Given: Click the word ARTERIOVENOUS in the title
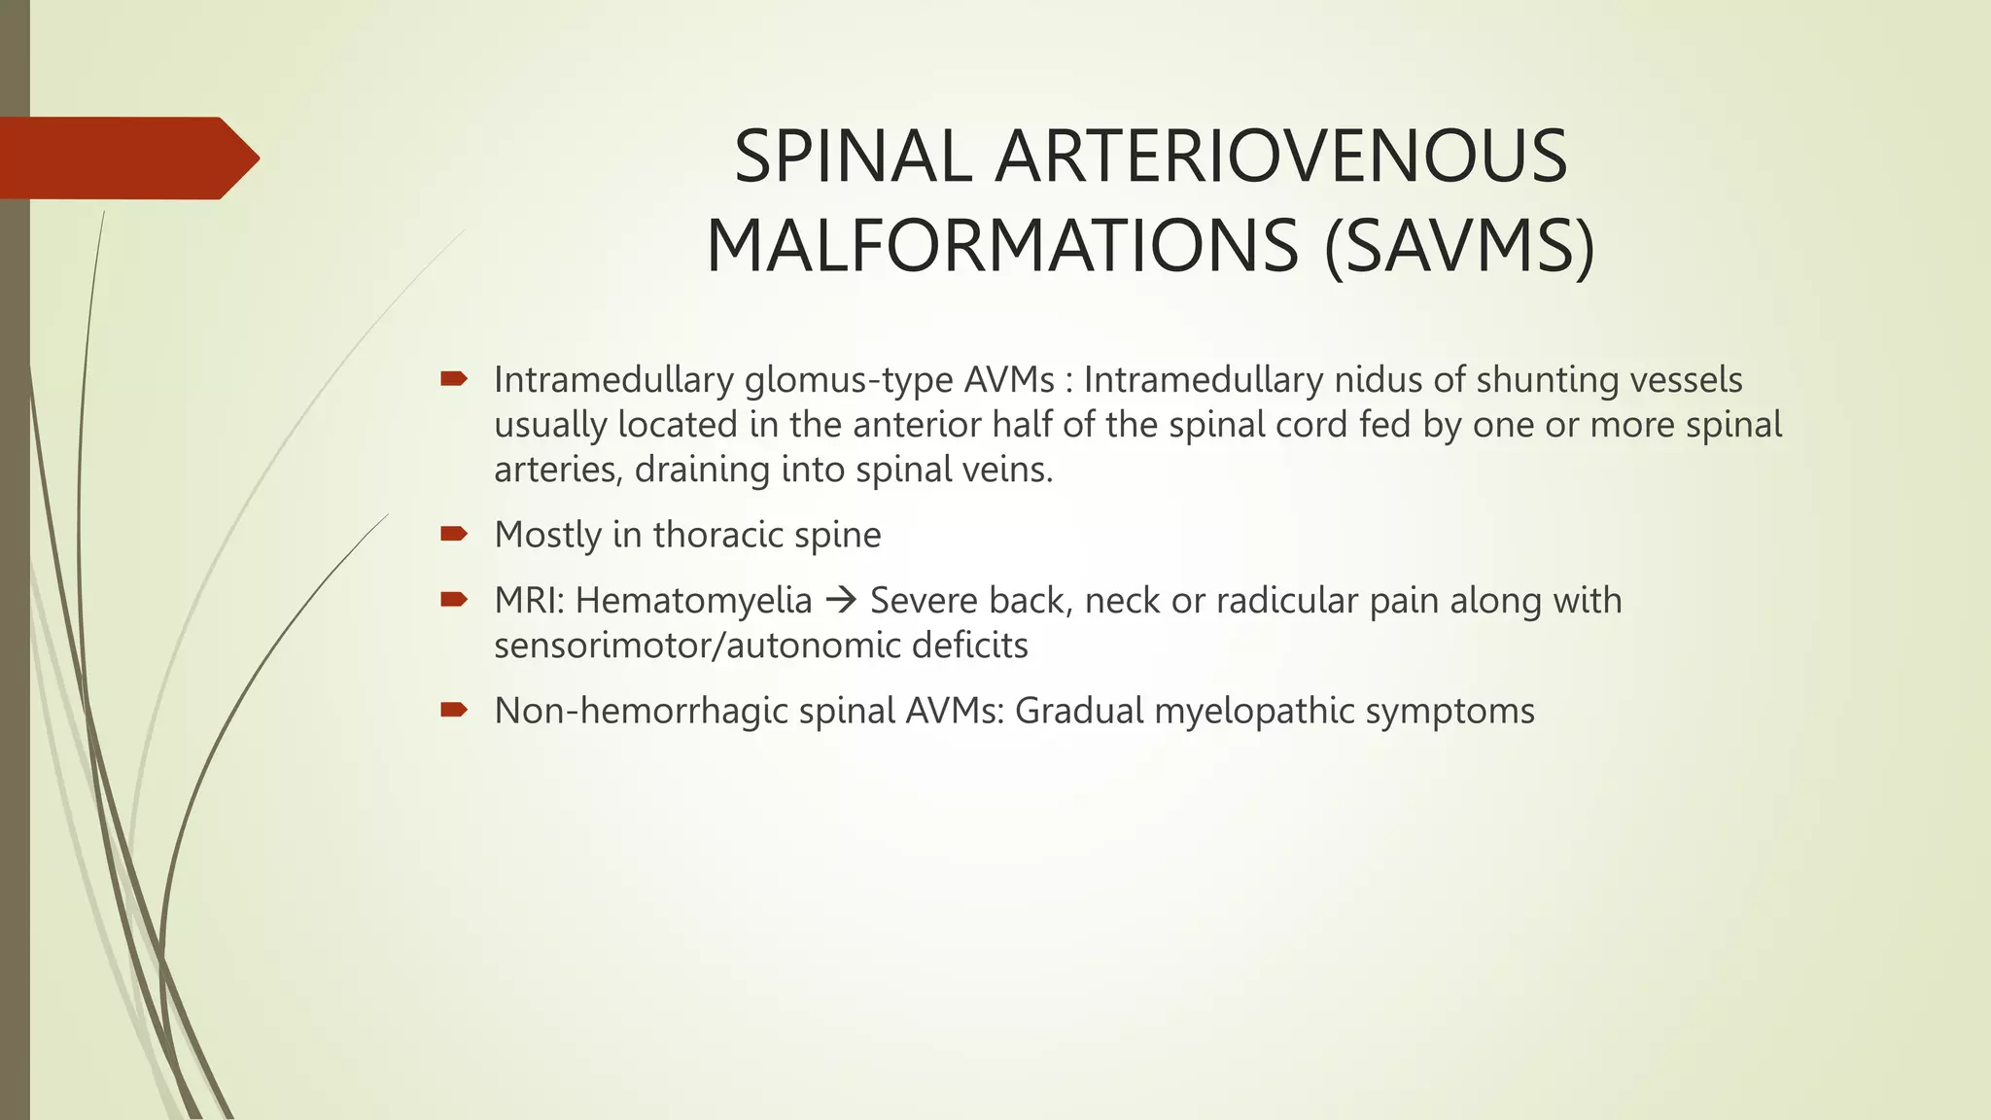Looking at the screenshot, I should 1281,157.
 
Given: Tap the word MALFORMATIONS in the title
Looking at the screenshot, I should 1002,247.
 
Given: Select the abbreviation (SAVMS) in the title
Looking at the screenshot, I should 1459,247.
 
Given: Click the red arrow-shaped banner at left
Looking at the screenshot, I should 126,158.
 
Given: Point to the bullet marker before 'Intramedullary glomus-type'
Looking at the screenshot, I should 454,378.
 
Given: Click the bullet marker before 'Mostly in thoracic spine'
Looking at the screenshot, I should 454,533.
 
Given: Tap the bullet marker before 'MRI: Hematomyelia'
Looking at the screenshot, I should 454,599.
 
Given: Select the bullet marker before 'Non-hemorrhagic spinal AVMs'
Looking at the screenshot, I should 454,709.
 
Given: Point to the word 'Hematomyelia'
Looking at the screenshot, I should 693,601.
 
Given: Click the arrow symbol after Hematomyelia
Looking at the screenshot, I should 840,601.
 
